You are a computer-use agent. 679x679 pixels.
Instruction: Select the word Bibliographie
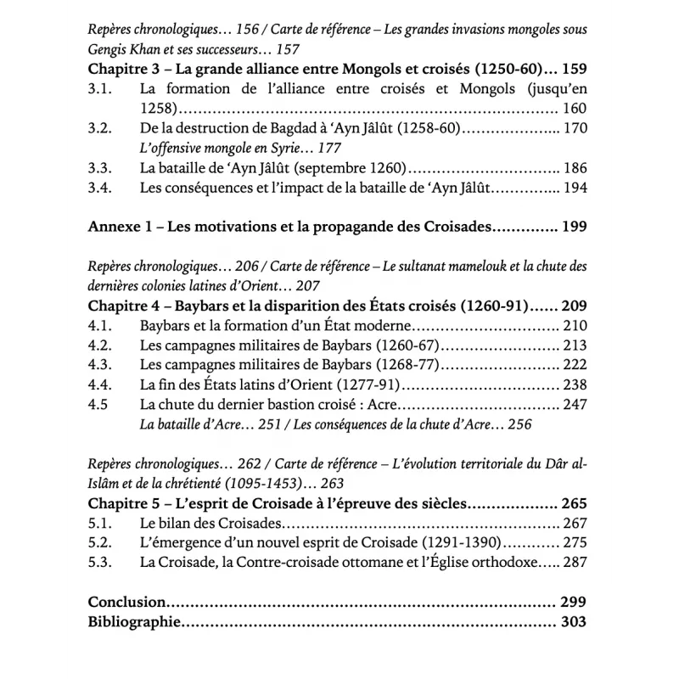135,622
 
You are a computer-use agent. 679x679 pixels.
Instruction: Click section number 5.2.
101,542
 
